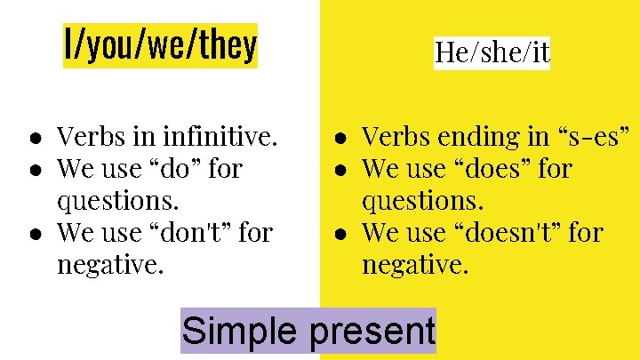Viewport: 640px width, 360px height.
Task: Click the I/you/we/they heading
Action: pos(160,45)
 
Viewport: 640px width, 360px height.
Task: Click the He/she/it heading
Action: pos(492,52)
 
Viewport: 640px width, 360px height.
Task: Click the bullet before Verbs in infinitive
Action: pos(32,139)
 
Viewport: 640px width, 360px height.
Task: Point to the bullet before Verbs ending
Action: pos(339,139)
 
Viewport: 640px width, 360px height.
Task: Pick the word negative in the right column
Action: pos(414,264)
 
